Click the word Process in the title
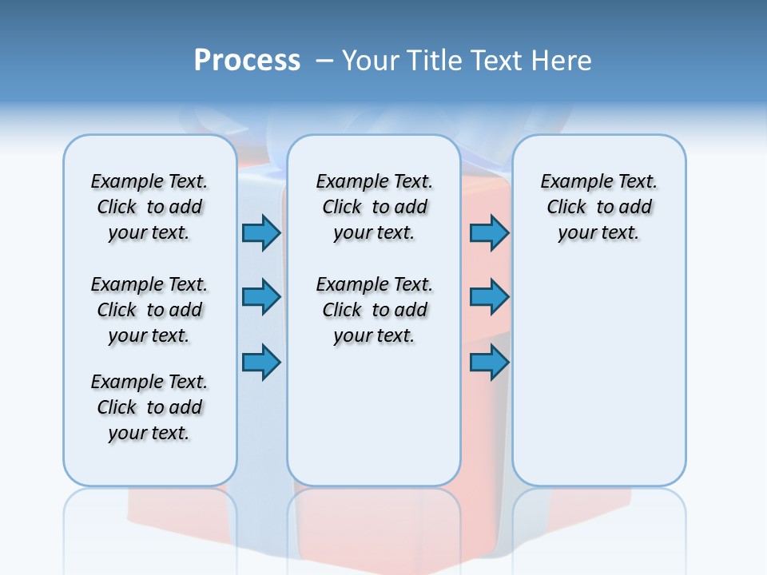coord(247,61)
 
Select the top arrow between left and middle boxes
coord(261,232)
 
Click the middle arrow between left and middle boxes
coord(261,297)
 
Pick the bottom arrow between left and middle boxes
coord(261,363)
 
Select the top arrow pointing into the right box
coord(489,232)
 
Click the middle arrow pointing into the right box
coord(489,297)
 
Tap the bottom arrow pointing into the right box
coord(489,363)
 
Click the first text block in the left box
coord(149,207)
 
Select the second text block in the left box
coord(149,310)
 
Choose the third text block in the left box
coord(149,407)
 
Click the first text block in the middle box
coord(374,207)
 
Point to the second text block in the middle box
coord(374,310)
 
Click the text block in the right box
coord(598,207)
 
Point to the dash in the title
coord(324,61)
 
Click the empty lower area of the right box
coord(598,375)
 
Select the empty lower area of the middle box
coord(374,415)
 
